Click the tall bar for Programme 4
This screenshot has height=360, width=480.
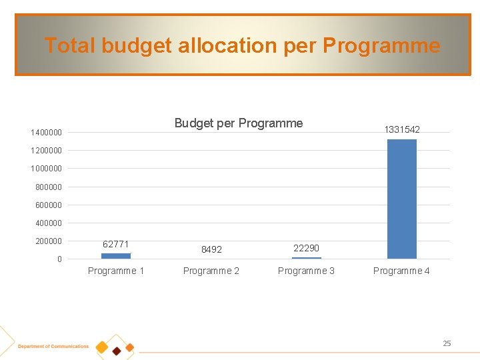[401, 199]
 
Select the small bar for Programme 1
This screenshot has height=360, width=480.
[116, 255]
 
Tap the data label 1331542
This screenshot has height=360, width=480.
[401, 129]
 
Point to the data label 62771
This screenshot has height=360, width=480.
[116, 244]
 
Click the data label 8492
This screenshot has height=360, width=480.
[211, 249]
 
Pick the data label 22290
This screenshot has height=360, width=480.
[306, 248]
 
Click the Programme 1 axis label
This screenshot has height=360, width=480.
[116, 271]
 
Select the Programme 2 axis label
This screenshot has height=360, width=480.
[211, 271]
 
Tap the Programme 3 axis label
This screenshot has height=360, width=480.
[306, 271]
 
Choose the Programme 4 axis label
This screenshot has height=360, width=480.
[401, 271]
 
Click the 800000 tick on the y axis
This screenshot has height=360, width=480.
[49, 187]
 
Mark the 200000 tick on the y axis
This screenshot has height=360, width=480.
[49, 241]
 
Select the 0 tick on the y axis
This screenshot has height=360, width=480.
[59, 259]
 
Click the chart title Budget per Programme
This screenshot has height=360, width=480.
[238, 123]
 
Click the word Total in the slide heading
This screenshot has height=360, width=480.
[70, 45]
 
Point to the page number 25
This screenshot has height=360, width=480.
[447, 343]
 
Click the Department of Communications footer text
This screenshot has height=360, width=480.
[53, 347]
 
